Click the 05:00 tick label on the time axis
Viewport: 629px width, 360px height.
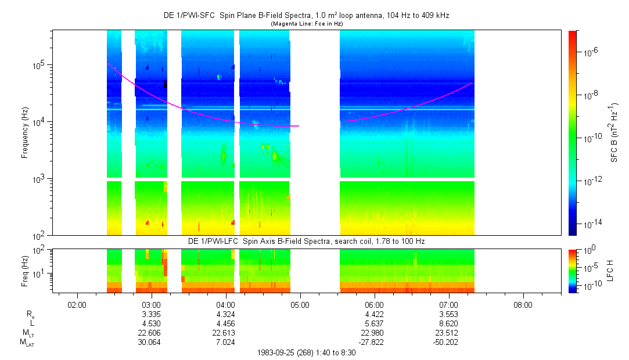tap(300, 304)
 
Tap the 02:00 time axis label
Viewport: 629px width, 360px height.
tap(77, 304)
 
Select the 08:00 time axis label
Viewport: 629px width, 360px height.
tap(523, 304)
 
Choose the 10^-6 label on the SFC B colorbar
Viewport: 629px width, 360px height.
tap(591, 52)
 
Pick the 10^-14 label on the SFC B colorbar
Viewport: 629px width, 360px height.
tap(592, 224)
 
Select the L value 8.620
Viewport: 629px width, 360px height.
tap(449, 323)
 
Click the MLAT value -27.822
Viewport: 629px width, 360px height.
tap(374, 343)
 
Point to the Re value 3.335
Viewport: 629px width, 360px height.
tap(151, 314)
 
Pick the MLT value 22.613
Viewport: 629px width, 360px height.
tap(225, 333)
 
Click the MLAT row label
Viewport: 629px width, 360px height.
tap(27, 343)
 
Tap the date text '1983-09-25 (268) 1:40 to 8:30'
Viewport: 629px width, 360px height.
tap(307, 352)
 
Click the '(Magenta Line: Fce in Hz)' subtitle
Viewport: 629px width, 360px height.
tap(306, 23)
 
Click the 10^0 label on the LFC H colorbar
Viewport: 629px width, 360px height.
tap(591, 251)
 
